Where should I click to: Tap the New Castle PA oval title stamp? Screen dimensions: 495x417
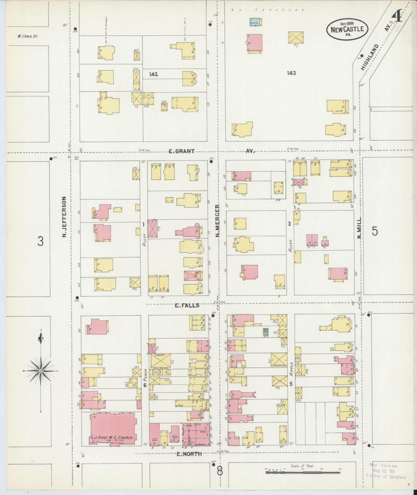coord(347,29)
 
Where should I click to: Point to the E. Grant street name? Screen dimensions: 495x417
coord(182,151)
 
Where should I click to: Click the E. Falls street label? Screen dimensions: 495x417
coord(187,306)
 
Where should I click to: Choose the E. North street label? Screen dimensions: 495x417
coord(189,454)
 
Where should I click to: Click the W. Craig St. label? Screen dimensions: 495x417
coord(28,36)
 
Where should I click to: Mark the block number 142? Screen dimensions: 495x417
coord(153,74)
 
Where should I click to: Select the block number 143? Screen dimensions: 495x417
coord(291,73)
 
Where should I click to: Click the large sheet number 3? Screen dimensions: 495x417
coord(40,241)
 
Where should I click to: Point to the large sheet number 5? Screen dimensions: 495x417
coord(375,231)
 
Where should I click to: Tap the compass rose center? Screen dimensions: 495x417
coord(41,371)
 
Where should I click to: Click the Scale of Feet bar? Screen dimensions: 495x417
coord(303,472)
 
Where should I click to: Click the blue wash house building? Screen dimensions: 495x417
coord(254,22)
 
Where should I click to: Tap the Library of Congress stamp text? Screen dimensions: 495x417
coord(386,477)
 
